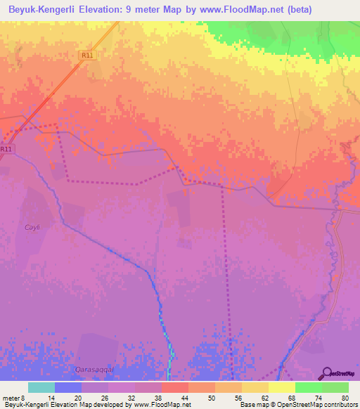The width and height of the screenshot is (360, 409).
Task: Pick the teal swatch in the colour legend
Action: pyautogui.click(x=41, y=387)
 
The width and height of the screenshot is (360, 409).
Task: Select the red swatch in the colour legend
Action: pyautogui.click(x=174, y=387)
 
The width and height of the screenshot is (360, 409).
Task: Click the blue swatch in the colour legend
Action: pyautogui.click(x=67, y=387)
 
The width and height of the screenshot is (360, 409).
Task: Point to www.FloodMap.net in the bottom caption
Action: pyautogui.click(x=160, y=405)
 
